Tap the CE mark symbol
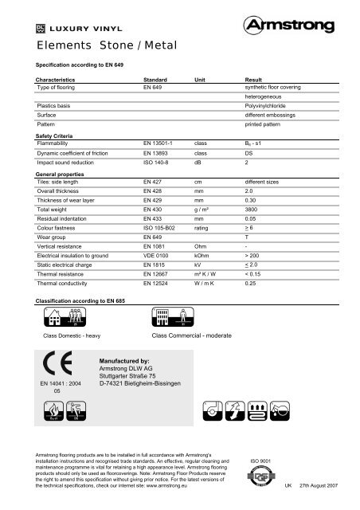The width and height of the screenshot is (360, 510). pyautogui.click(x=58, y=367)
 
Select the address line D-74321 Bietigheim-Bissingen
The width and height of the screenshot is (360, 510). pyautogui.click(x=142, y=382)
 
